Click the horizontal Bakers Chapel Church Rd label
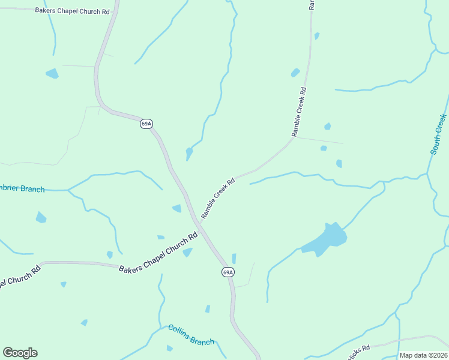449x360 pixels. click(x=73, y=11)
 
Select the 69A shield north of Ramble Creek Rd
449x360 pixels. click(x=146, y=124)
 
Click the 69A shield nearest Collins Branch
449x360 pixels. click(x=228, y=272)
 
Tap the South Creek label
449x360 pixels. click(x=439, y=134)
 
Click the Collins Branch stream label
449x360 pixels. click(x=191, y=335)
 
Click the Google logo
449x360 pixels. click(x=20, y=353)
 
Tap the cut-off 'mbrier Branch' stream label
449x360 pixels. click(x=22, y=189)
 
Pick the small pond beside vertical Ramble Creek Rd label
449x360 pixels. click(x=295, y=73)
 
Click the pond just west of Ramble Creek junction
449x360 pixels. click(x=177, y=208)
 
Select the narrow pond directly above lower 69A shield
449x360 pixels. click(x=234, y=258)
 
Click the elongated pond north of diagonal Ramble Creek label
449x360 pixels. click(x=189, y=154)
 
